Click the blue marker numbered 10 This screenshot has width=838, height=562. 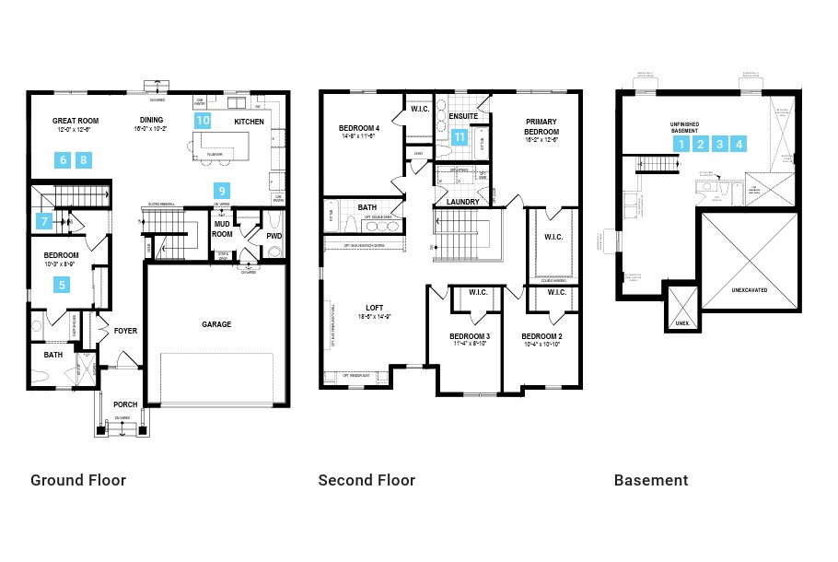(204, 121)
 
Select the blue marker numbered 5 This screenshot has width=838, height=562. (63, 285)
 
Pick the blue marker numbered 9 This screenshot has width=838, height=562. (222, 191)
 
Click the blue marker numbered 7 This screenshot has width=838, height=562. (44, 221)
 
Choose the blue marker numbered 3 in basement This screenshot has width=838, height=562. (720, 144)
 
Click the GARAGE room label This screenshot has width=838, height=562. (216, 324)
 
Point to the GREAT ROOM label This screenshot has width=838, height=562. (76, 121)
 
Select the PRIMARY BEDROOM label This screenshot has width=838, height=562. (542, 126)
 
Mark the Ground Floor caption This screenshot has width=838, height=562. (78, 480)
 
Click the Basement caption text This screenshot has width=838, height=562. (651, 480)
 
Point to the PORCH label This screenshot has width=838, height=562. (125, 404)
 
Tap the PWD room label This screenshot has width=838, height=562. (274, 236)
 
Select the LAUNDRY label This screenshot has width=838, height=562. (463, 202)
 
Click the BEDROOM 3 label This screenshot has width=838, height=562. (469, 336)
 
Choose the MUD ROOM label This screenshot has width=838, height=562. (222, 228)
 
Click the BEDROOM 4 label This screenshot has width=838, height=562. (359, 128)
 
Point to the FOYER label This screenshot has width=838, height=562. (124, 330)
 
